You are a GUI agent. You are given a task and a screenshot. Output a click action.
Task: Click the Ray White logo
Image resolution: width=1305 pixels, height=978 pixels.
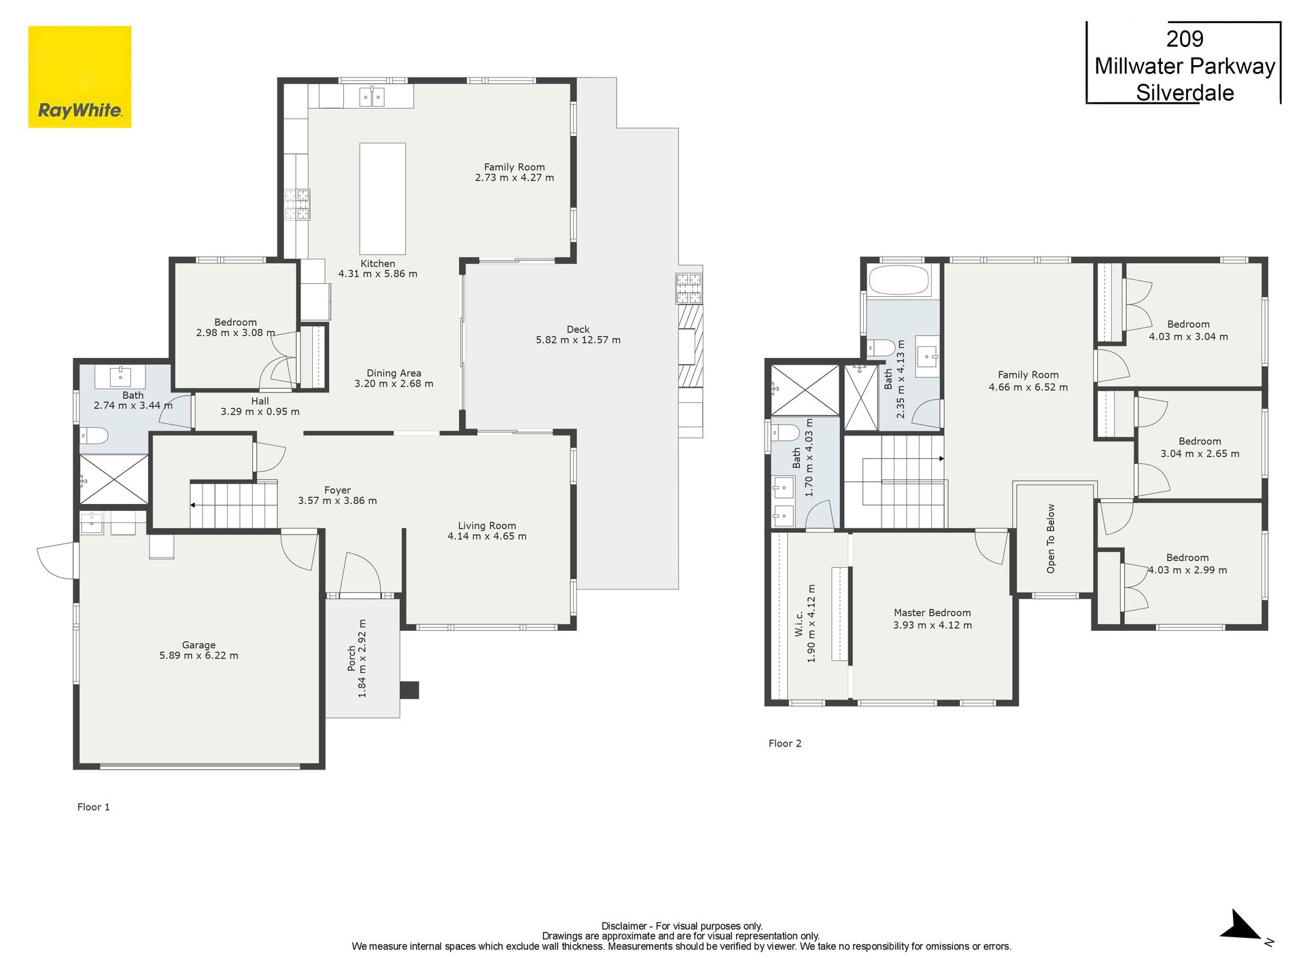80,77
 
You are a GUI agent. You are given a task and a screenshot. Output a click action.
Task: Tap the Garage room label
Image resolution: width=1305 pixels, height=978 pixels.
198,645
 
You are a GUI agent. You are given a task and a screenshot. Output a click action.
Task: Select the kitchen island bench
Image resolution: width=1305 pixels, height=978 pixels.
383,198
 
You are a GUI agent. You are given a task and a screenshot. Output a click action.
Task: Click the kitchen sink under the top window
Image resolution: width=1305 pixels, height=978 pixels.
372,97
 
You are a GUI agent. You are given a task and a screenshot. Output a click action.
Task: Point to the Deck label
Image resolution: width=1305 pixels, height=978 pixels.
578,329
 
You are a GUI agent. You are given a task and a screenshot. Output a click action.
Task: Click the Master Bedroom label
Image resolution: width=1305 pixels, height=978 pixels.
933,613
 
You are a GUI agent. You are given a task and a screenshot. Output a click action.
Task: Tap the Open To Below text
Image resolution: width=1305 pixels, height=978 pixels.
1051,539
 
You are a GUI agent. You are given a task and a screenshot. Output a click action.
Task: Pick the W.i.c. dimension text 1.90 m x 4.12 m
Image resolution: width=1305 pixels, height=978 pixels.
812,623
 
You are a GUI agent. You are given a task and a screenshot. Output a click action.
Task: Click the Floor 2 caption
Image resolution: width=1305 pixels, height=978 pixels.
785,744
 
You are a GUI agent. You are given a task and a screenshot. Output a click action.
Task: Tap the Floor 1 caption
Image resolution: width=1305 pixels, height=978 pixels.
94,807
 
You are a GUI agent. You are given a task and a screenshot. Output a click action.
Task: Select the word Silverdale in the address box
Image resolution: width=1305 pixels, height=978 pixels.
1185,93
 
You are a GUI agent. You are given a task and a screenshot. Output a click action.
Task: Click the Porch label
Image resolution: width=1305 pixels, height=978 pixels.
351,658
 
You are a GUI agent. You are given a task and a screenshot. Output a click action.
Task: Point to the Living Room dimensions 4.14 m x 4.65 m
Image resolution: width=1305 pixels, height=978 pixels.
487,536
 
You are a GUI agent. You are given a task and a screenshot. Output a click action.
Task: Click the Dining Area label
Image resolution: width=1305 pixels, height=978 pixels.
394,373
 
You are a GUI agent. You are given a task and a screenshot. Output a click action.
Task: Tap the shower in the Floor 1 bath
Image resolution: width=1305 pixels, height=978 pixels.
114,479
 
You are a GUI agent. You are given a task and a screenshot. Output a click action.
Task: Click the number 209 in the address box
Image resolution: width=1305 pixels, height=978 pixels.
1185,39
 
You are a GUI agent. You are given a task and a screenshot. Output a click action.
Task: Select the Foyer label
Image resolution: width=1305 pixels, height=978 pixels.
338,490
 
